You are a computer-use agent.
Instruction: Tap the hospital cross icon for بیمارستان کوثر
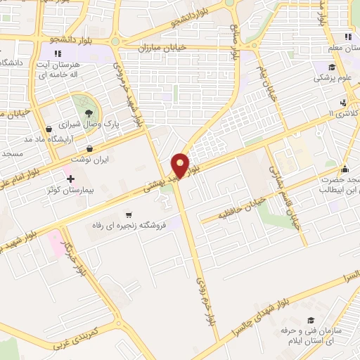click(70, 179)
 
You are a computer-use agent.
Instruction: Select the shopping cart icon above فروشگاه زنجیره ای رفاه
click(127, 214)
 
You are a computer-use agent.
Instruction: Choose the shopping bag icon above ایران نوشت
click(91, 149)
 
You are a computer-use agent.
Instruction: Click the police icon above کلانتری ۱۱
click(342, 101)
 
